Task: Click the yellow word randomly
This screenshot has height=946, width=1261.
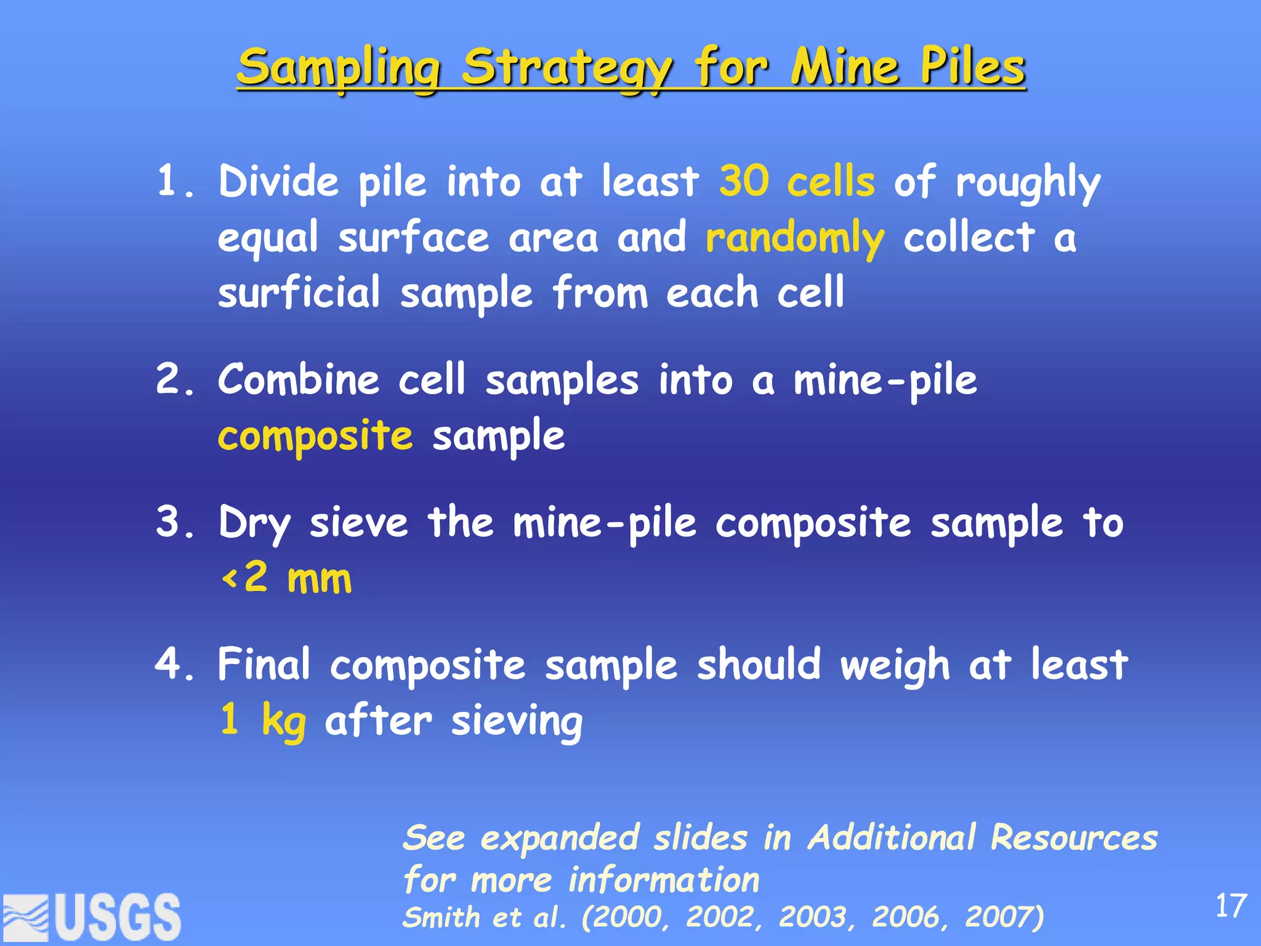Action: tap(795, 238)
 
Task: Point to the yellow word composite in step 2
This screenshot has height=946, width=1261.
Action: tap(315, 436)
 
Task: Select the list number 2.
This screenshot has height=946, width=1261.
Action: tap(170, 379)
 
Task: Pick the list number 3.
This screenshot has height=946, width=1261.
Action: tap(170, 522)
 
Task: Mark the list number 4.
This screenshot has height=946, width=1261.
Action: tap(170, 664)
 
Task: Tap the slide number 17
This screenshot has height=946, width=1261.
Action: tap(1231, 906)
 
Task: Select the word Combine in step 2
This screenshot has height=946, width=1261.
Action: tap(299, 379)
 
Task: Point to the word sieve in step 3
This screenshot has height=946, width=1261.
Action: tap(359, 522)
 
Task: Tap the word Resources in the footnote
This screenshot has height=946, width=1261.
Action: tap(1074, 838)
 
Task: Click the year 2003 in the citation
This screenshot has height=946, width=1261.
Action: tap(816, 917)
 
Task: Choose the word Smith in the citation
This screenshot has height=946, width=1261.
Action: tap(441, 917)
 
